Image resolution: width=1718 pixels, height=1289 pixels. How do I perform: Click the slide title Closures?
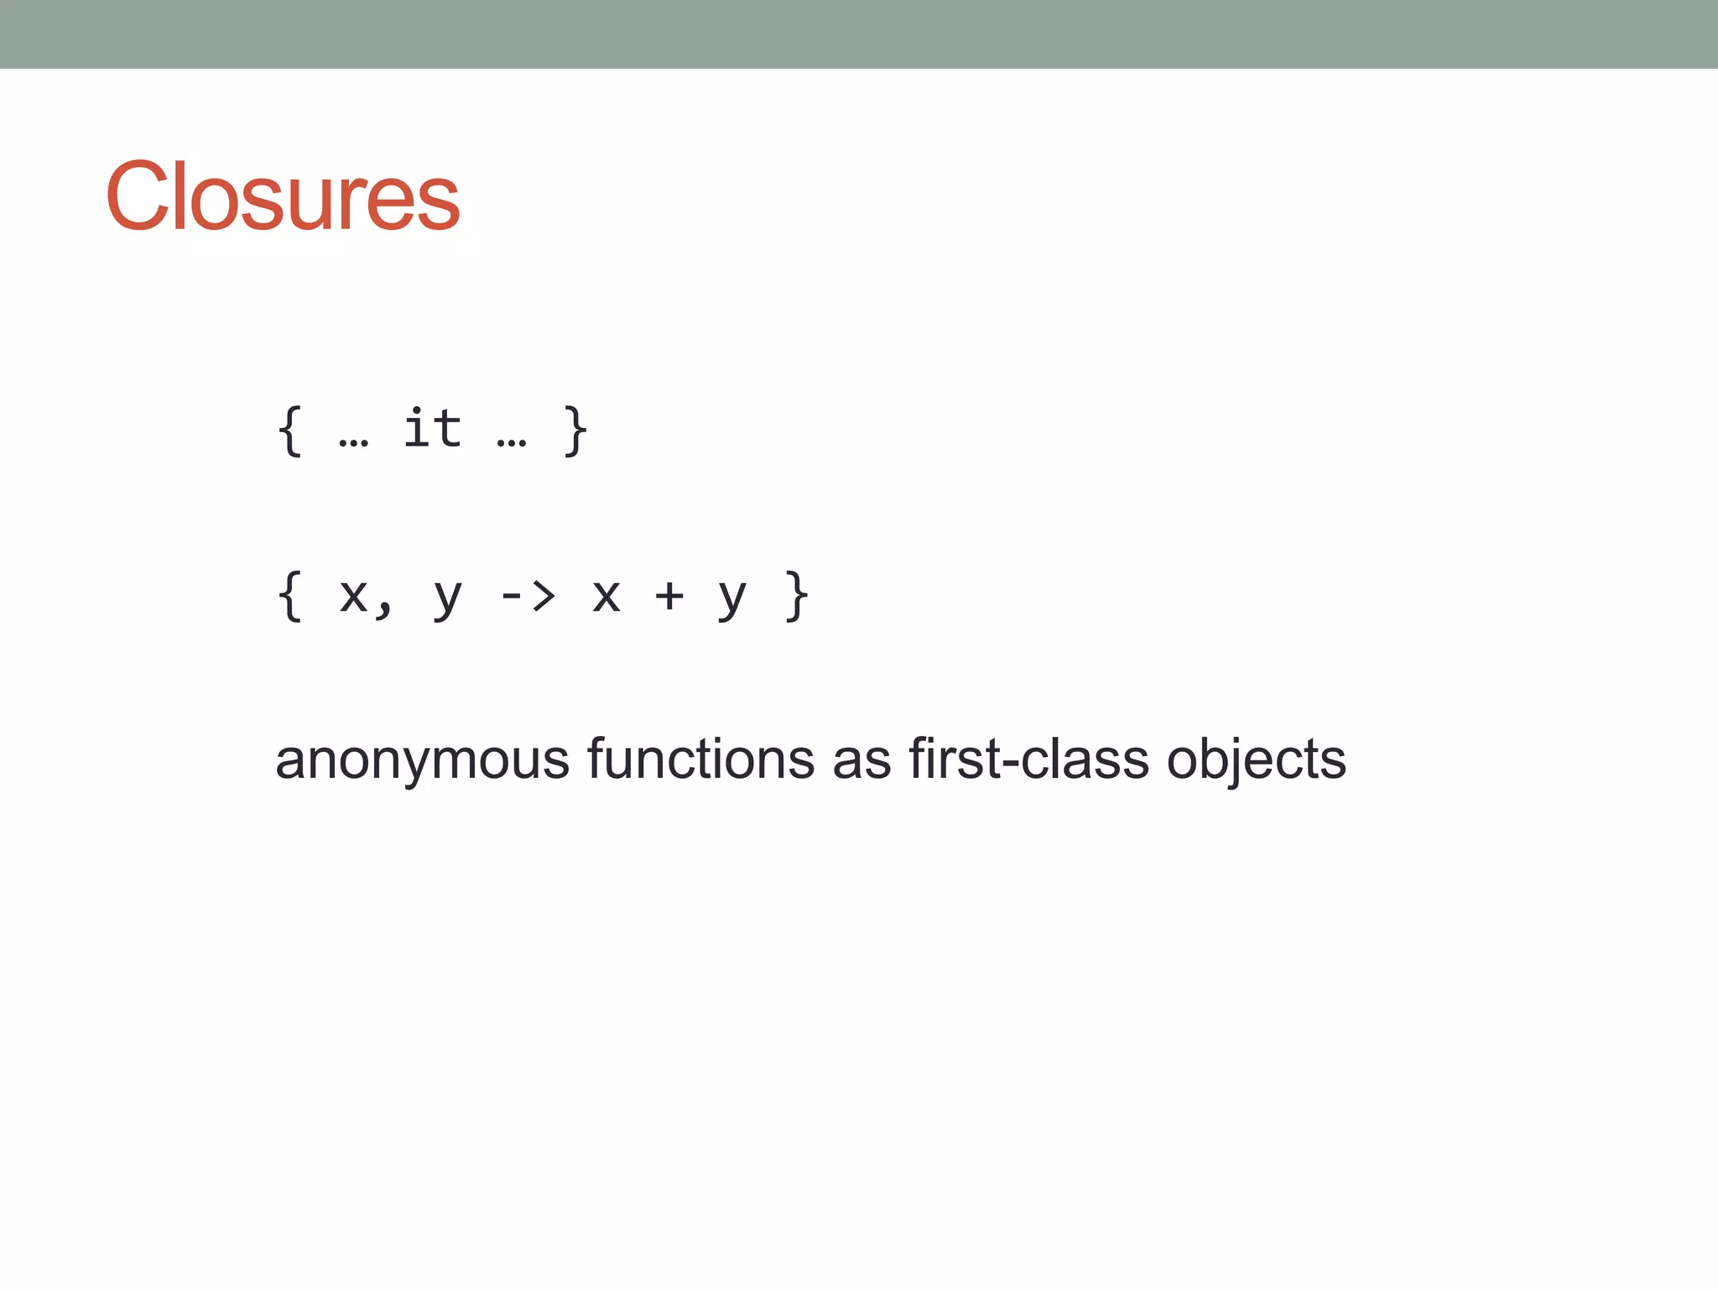click(282, 196)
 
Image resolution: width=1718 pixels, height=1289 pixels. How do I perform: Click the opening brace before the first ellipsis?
click(289, 431)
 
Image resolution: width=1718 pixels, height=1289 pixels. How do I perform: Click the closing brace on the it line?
click(575, 431)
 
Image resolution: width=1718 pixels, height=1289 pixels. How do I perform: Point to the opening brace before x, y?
click(289, 596)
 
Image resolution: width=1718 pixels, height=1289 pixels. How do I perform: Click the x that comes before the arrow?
click(353, 596)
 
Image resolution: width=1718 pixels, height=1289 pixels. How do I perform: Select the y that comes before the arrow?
click(448, 599)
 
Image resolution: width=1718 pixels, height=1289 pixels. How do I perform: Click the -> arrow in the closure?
click(528, 596)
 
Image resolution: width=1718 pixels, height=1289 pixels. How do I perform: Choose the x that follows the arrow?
click(607, 596)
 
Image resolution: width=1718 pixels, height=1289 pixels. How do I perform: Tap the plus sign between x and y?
click(669, 596)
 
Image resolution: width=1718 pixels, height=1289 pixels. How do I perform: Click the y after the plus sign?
click(732, 599)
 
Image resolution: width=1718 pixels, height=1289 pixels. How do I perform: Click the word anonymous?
click(422, 760)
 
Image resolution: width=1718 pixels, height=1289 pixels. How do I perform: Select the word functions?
click(700, 759)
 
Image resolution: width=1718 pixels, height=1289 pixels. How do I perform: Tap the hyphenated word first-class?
click(1028, 759)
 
